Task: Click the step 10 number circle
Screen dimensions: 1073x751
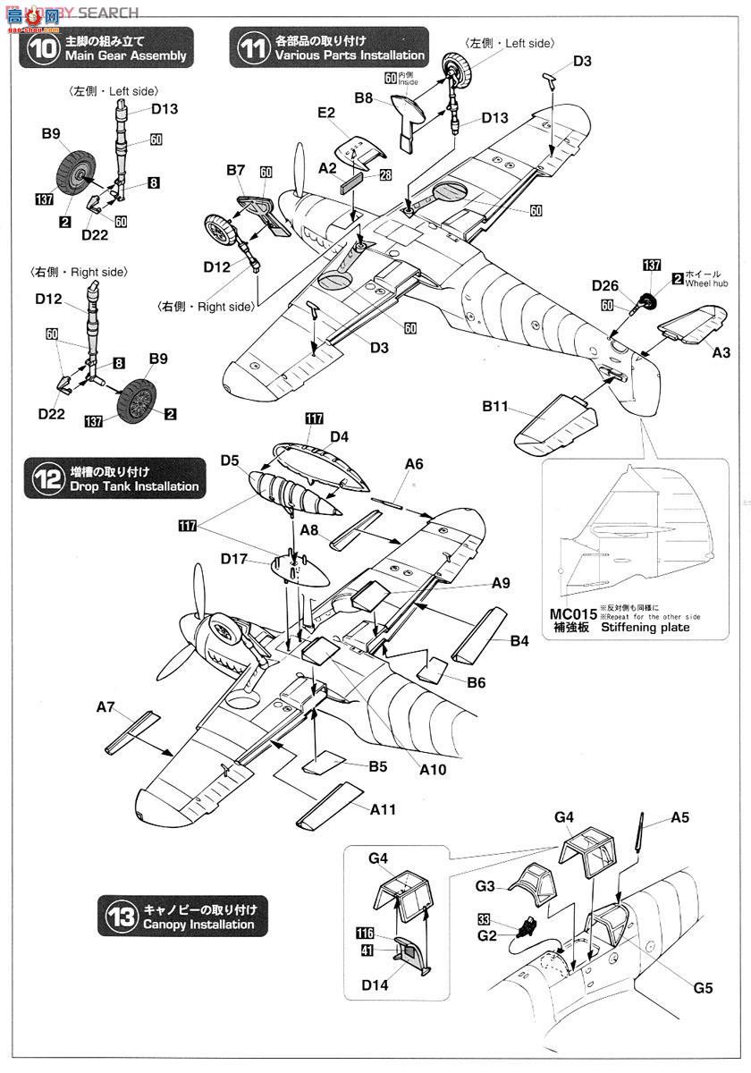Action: point(41,47)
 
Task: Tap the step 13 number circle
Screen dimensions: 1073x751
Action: point(121,917)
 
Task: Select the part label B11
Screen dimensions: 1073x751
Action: point(495,407)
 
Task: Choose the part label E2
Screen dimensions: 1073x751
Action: point(325,113)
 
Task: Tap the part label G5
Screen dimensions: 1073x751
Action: point(703,990)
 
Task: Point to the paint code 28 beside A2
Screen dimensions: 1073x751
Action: point(385,175)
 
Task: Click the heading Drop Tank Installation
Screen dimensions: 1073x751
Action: point(134,486)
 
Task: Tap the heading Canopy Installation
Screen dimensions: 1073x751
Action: point(199,925)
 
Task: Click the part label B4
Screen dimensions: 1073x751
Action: point(519,640)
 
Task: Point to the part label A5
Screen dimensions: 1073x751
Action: point(679,818)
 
